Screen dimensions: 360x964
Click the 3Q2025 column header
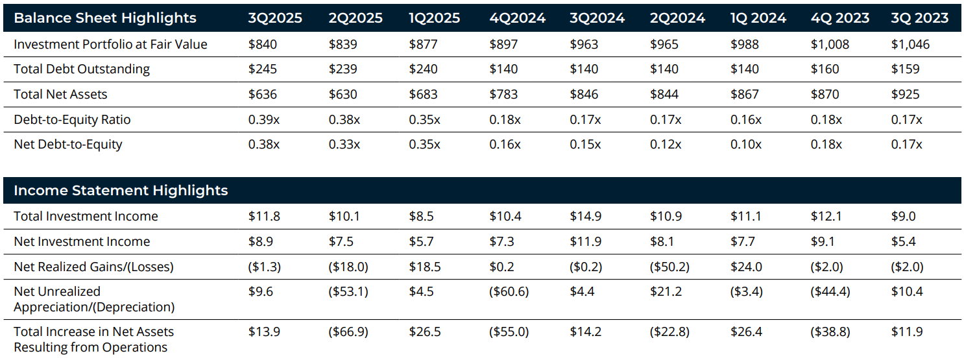[x=275, y=18]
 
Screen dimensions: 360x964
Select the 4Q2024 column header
[x=517, y=18]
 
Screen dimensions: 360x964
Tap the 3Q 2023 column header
[x=919, y=18]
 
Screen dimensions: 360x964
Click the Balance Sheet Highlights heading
[x=105, y=18]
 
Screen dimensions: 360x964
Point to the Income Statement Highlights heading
[x=121, y=190]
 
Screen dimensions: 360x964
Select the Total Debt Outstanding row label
[x=82, y=69]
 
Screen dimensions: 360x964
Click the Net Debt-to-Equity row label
[x=68, y=144]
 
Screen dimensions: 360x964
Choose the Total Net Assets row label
[x=60, y=94]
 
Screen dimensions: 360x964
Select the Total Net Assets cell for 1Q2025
[x=423, y=94]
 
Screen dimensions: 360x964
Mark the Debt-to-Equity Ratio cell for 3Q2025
[x=264, y=119]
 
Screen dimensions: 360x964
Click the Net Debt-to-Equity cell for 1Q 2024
[x=746, y=144]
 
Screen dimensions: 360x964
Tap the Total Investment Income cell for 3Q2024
[x=585, y=216]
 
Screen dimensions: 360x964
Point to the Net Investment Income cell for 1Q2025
[x=421, y=241]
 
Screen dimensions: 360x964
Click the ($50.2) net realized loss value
[x=669, y=266]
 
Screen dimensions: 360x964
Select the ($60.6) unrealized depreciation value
[x=509, y=291]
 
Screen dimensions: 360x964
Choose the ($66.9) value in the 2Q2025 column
[x=348, y=331]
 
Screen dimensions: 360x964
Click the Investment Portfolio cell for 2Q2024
[x=664, y=44]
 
